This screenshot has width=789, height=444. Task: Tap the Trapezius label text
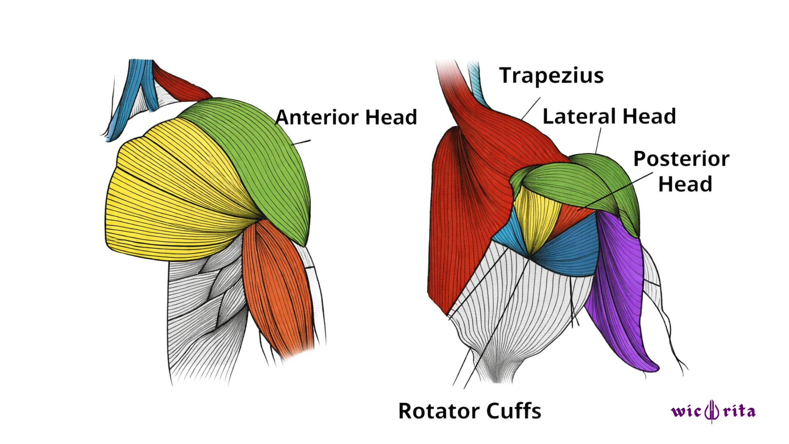pyautogui.click(x=551, y=76)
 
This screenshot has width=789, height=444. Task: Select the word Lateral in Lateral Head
pyautogui.click(x=580, y=116)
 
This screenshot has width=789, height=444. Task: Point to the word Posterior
pyautogui.click(x=681, y=159)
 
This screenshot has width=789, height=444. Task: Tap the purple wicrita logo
pyautogui.click(x=713, y=411)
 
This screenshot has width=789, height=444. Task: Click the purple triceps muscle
pyautogui.click(x=616, y=288)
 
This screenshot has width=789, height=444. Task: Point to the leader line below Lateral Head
pyautogui.click(x=598, y=141)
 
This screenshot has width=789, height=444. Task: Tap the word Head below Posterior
pyautogui.click(x=685, y=184)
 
